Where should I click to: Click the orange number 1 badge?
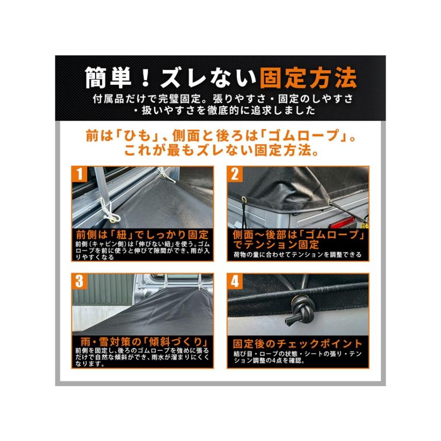(79, 173)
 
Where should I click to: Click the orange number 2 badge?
(235, 173)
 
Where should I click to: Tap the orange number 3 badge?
(79, 281)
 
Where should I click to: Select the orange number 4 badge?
(235, 281)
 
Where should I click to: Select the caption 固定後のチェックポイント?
(297, 343)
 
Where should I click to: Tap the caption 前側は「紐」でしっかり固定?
(142, 234)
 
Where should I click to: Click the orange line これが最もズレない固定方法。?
(220, 151)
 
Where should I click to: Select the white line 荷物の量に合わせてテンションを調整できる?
(297, 255)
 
